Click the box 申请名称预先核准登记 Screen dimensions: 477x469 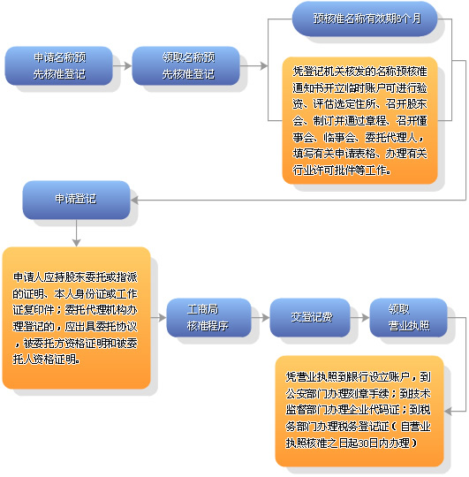pos(60,66)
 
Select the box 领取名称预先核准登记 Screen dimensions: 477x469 pos(186,66)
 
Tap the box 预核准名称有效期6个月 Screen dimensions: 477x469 pos(365,19)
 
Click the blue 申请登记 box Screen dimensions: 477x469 pos(76,200)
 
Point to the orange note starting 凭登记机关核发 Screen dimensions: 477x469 pos(359,120)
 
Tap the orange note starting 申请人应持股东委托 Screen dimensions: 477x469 pos(76,318)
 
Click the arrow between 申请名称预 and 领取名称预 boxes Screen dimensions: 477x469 pos(122,66)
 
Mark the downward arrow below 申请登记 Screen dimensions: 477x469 pos(76,231)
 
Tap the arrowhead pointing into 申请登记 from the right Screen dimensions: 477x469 pos(135,200)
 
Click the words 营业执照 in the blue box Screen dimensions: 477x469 pos(410,326)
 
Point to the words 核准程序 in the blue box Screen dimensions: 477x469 pos(208,326)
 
